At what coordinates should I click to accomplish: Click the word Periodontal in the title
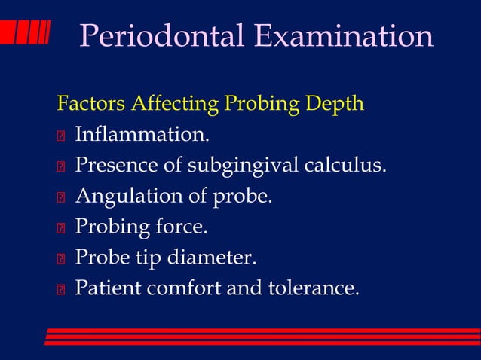tap(163, 37)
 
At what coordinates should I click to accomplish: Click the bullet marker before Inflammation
tap(61, 136)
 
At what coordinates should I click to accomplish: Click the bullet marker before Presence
tap(61, 167)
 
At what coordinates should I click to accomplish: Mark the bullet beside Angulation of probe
tap(61, 198)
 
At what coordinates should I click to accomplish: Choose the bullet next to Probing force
tap(61, 228)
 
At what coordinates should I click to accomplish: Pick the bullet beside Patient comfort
tap(61, 289)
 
